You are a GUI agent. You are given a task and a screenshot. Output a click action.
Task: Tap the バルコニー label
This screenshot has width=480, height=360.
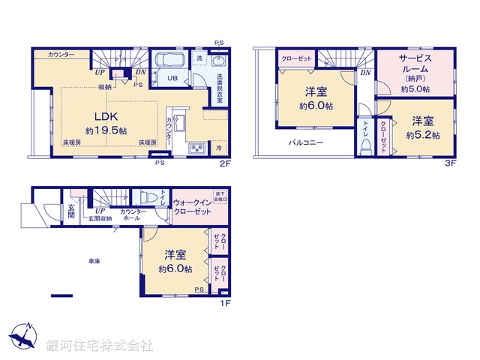click(x=307, y=142)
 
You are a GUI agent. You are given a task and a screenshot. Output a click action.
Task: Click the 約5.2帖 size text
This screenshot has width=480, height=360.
click(x=423, y=135)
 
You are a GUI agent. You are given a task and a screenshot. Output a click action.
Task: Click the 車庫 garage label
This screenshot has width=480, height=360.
click(x=94, y=260)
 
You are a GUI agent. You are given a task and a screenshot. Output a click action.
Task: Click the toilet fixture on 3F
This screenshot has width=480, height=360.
click(x=365, y=147)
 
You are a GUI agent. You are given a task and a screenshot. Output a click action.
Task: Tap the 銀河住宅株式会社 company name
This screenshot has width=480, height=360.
click(x=99, y=346)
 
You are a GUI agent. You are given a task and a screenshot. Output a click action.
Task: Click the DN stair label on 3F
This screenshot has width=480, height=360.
click(x=365, y=73)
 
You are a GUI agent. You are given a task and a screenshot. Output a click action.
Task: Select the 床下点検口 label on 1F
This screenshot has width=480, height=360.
click(x=220, y=196)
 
